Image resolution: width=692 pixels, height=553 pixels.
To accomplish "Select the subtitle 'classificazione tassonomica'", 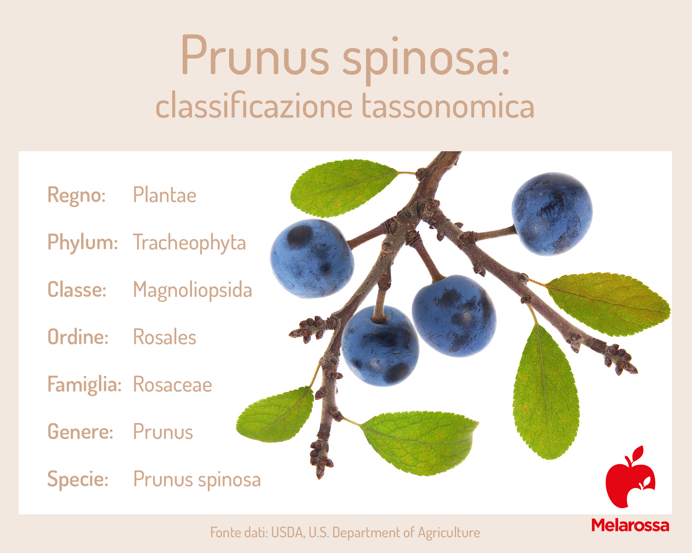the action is click(x=345, y=106).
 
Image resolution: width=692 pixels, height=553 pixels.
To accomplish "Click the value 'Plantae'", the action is click(x=165, y=195).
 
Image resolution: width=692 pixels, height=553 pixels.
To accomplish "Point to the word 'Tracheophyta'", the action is click(x=189, y=243).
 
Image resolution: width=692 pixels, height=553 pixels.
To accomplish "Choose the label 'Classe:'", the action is click(x=77, y=290).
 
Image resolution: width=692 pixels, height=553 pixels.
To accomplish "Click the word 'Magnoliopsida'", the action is click(x=192, y=291).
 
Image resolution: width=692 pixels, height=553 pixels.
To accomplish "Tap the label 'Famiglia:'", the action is click(x=84, y=385).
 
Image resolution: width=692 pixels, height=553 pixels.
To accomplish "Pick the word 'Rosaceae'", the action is click(x=172, y=385).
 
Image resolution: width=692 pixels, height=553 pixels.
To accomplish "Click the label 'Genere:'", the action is click(x=80, y=432).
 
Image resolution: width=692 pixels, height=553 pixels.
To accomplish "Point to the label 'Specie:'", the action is click(x=78, y=479).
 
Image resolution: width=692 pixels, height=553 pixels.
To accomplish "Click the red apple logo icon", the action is click(x=630, y=477).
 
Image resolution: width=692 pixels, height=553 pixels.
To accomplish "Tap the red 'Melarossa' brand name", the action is click(x=630, y=525).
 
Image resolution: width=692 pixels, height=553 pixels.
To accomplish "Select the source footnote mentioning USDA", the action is click(x=345, y=533).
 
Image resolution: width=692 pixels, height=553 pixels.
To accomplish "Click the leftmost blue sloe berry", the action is click(x=312, y=259).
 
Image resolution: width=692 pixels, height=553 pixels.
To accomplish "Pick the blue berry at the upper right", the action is click(x=552, y=214).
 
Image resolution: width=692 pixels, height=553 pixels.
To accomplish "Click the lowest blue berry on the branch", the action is click(x=380, y=346).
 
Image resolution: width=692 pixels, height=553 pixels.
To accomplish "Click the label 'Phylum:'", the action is click(x=83, y=243).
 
